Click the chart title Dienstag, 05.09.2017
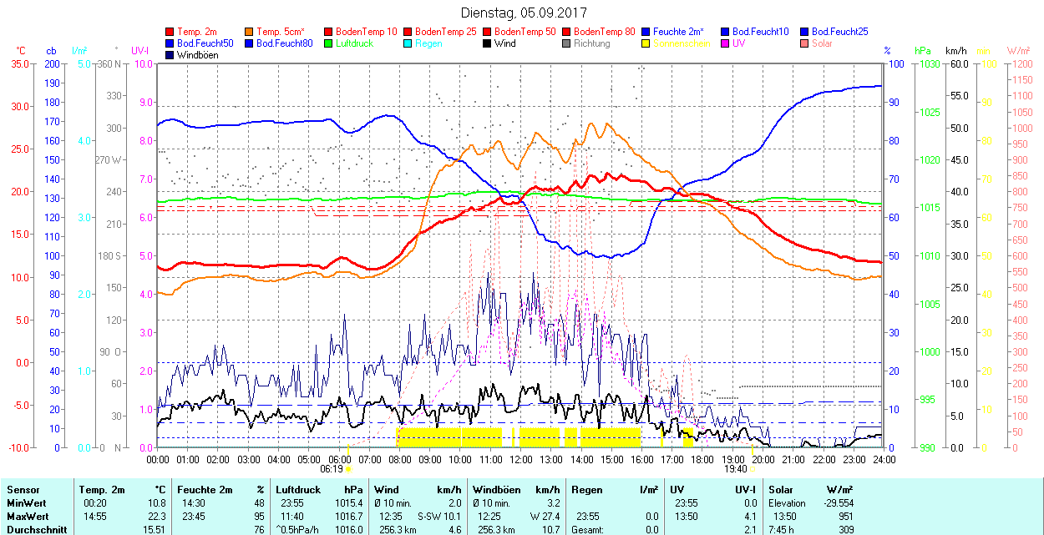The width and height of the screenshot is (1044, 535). [x=524, y=13]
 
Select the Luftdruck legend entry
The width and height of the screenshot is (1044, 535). [x=354, y=43]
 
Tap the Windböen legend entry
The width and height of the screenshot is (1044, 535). [x=197, y=55]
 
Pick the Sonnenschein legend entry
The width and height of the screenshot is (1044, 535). [x=682, y=43]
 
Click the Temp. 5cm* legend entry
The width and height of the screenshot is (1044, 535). [x=281, y=32]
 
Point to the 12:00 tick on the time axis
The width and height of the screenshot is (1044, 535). [x=521, y=459]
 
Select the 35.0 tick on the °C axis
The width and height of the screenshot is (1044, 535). [x=16, y=63]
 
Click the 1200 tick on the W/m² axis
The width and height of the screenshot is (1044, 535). [x=1021, y=63]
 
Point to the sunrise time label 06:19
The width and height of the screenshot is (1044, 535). [x=332, y=469]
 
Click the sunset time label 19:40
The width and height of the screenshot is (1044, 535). [x=735, y=469]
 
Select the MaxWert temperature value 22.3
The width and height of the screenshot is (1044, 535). [x=156, y=516]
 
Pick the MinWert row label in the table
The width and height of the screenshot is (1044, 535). [x=26, y=503]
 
